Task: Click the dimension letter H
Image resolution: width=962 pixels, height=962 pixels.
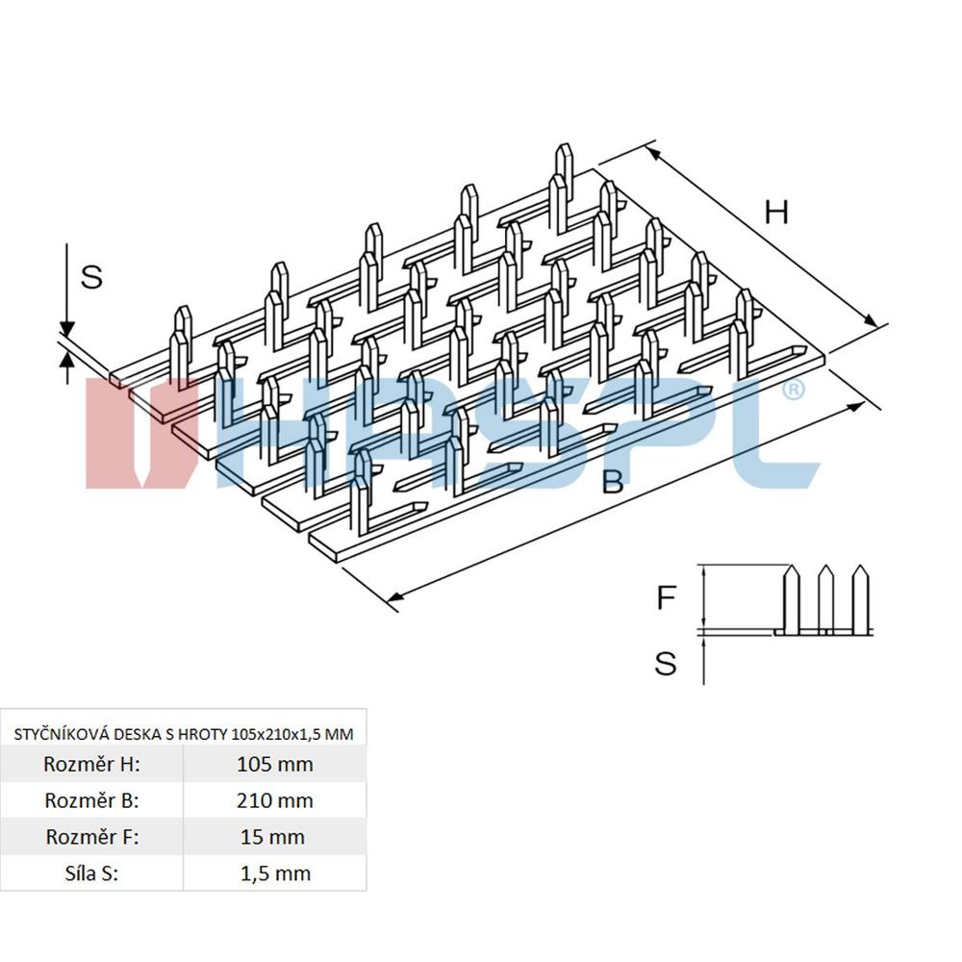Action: tap(776, 212)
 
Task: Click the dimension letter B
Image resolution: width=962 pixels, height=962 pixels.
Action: tap(613, 481)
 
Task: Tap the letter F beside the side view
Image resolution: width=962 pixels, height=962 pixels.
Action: tap(666, 598)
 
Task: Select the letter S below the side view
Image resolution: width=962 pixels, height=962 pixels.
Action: tap(666, 663)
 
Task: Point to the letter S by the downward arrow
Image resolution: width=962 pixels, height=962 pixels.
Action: tap(91, 277)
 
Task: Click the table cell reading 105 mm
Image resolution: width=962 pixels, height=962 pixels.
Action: tap(274, 765)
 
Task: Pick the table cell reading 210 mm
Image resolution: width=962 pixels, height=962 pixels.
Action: tap(274, 800)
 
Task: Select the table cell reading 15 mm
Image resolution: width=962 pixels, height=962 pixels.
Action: tap(274, 837)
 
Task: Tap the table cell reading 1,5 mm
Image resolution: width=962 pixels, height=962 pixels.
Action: tap(274, 873)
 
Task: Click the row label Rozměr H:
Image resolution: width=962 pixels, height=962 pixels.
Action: tap(92, 765)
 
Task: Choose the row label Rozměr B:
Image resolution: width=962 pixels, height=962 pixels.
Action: tap(92, 800)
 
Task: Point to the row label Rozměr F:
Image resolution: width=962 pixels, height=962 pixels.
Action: tap(92, 837)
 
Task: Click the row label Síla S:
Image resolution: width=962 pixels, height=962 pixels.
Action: tap(92, 873)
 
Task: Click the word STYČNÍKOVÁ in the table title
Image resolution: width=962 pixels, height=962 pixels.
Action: tap(61, 734)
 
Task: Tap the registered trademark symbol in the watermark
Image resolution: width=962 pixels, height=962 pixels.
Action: tap(794, 390)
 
